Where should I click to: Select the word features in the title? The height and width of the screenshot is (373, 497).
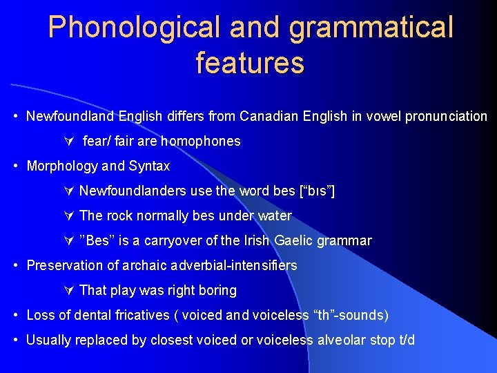(x=249, y=62)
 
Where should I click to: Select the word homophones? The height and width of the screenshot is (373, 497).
(x=201, y=141)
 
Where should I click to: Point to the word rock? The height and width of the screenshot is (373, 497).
(x=119, y=216)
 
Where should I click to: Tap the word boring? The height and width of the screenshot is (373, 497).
(x=215, y=290)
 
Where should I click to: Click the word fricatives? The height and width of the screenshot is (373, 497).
(x=142, y=315)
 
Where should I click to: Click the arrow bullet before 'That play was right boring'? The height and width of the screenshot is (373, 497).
(x=68, y=290)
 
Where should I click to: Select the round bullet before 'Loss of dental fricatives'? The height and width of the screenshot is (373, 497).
(x=16, y=315)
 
